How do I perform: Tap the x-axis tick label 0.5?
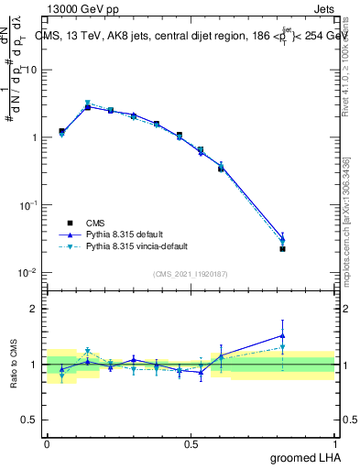tap(191, 443)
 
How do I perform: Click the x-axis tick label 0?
tap(47, 443)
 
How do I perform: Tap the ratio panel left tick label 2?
tap(35, 309)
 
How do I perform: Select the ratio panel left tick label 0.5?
tap(29, 420)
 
